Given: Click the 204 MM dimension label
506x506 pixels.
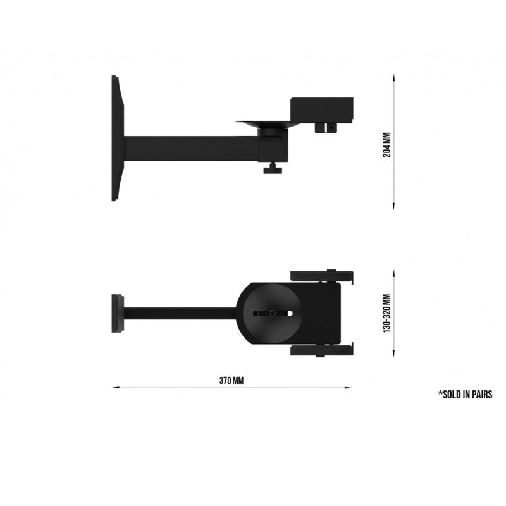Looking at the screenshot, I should coord(387,144).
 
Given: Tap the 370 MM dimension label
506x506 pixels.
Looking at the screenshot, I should coord(231,381).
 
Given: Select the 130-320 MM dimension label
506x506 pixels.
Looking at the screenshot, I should coord(387,313).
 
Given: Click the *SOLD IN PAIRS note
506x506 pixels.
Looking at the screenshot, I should coord(465,394).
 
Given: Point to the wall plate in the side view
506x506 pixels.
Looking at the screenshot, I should coord(117,138).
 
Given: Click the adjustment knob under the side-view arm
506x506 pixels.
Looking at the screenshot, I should coord(274,169).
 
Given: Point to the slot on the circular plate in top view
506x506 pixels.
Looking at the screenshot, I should coord(272,313).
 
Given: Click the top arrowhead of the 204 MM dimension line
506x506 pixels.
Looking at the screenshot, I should coord(394,77).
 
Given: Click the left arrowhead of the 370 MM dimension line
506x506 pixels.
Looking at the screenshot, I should coord(115,388).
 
